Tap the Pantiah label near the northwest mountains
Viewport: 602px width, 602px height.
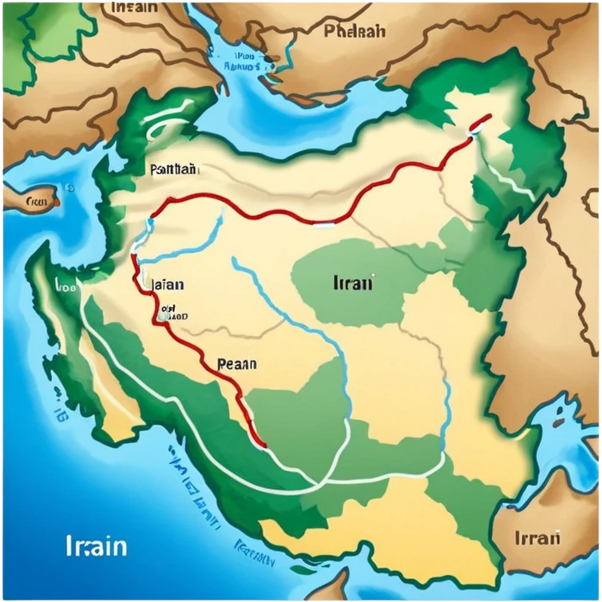point(173,169)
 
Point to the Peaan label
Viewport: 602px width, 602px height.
point(236,364)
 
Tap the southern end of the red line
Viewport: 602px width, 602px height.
point(261,444)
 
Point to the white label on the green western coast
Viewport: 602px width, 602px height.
point(65,284)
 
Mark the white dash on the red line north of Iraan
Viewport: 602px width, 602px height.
point(323,225)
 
